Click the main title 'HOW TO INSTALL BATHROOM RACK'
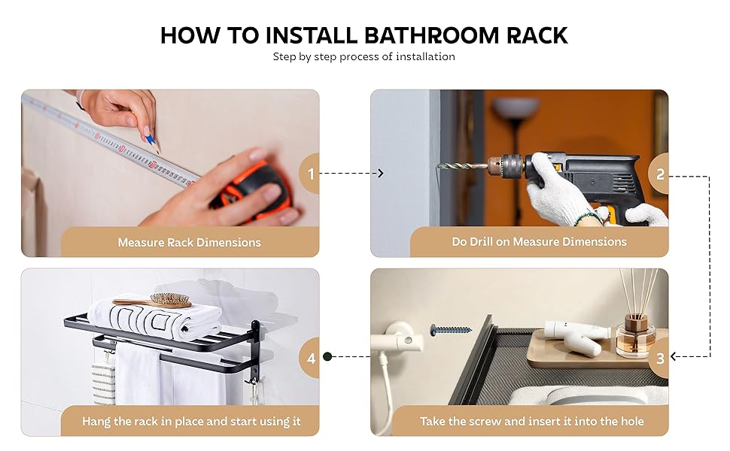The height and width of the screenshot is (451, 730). tap(364, 35)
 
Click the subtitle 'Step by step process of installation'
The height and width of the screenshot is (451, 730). tap(364, 56)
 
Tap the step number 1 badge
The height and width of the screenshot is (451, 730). tap(311, 174)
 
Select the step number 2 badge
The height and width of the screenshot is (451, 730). tap(660, 174)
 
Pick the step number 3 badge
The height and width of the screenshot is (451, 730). tap(660, 359)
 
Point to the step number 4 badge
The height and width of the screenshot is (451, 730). tap(311, 359)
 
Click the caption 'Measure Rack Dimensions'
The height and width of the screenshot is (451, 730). tap(189, 242)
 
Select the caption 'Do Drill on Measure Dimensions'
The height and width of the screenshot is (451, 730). tap(539, 242)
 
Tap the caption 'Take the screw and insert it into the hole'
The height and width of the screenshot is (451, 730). tap(532, 421)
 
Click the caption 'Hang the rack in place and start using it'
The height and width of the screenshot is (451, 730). tap(191, 421)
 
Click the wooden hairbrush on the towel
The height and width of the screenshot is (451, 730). tap(154, 301)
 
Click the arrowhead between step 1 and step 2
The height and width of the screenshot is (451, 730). tap(380, 174)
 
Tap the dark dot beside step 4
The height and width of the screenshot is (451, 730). tap(327, 357)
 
